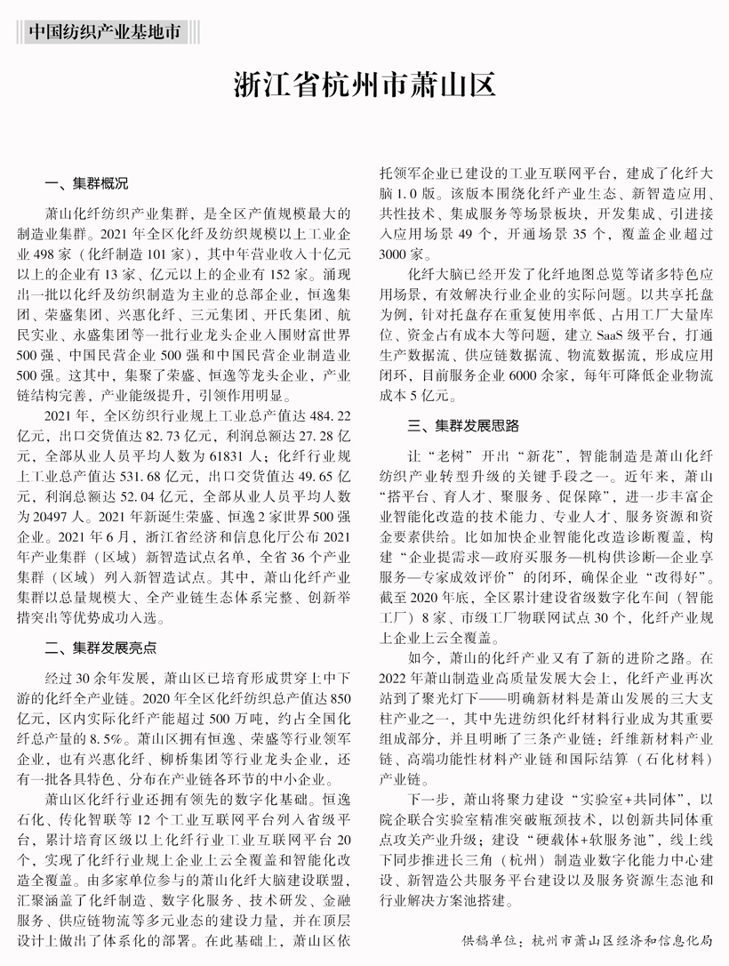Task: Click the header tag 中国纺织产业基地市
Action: [107, 32]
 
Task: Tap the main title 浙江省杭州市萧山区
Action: [364, 86]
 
